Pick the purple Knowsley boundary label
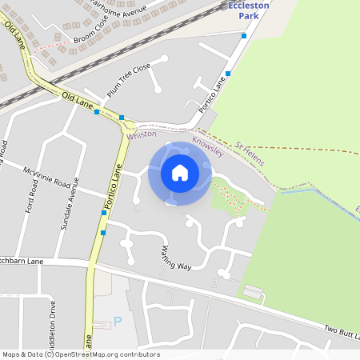pos(210,145)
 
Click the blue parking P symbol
pos(118,322)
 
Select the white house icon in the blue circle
pos(180,173)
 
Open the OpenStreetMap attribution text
pos(80,354)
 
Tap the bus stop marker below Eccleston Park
pos(244,35)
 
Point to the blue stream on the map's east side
pos(304,191)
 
